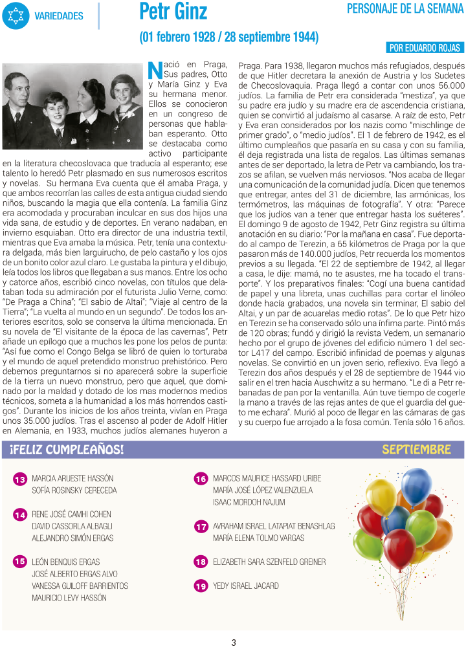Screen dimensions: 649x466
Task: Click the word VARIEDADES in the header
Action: (59, 16)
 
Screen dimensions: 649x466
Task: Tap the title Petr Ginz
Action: (173, 12)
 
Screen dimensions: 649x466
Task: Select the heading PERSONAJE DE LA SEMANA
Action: (405, 8)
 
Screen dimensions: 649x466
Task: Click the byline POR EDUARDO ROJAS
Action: (425, 48)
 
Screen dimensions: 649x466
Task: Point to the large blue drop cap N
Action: (154, 69)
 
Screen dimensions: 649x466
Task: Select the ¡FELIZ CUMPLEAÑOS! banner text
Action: (67, 450)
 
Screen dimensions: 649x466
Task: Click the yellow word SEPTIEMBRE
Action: (416, 450)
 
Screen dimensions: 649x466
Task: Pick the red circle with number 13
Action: (20, 479)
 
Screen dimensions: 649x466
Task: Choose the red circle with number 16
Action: (201, 479)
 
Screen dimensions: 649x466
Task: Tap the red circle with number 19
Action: (201, 586)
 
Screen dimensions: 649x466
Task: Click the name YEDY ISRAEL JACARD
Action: (246, 586)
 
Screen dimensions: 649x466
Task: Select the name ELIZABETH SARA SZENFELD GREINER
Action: (269, 562)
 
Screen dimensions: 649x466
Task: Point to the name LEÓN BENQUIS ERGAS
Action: (66, 562)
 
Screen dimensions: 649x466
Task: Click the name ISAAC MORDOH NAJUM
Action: (249, 502)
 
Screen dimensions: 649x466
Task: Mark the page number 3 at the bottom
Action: (234, 642)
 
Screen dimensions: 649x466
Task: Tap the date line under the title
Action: (228, 37)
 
